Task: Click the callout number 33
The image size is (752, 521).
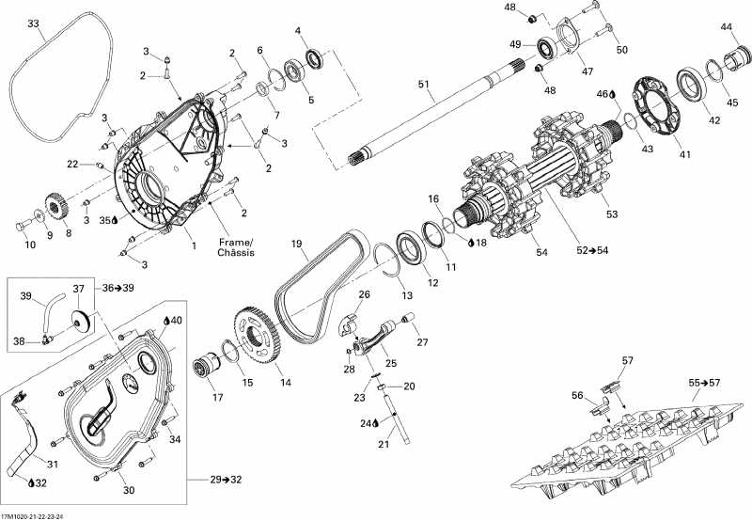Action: click(34, 23)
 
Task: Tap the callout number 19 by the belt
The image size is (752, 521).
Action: click(296, 245)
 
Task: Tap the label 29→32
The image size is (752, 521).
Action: click(226, 480)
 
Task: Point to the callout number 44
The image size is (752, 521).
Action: click(726, 27)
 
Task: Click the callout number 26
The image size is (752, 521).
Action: click(364, 294)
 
